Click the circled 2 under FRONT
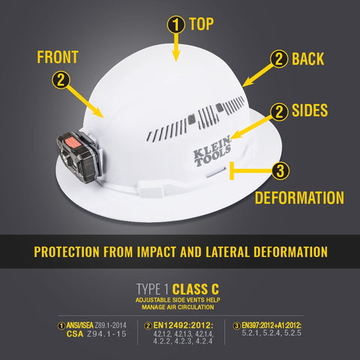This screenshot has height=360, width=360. click(x=62, y=79)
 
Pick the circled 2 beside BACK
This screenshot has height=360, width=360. click(x=280, y=58)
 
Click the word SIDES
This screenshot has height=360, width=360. click(x=310, y=111)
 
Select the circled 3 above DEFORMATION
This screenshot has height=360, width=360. click(x=279, y=172)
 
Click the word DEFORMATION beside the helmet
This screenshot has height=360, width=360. click(x=299, y=199)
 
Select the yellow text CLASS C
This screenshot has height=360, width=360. click(x=196, y=288)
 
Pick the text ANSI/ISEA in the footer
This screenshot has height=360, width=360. click(x=77, y=325)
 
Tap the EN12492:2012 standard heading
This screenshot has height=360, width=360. click(x=184, y=325)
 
